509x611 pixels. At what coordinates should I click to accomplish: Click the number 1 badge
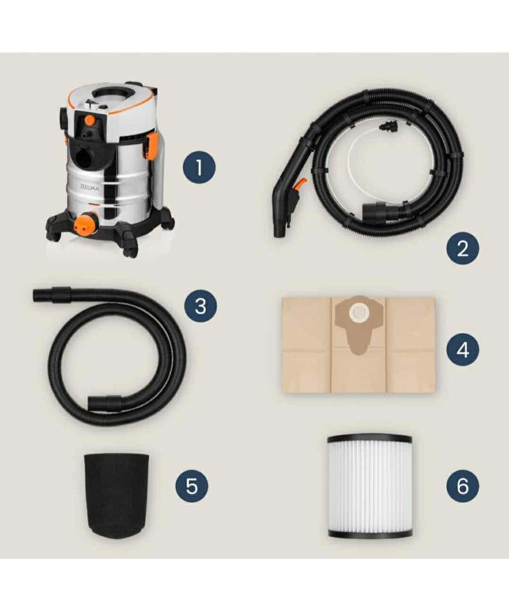(x=199, y=167)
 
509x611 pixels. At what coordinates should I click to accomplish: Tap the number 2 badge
(x=463, y=248)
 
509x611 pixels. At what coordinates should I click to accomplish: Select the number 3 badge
(x=200, y=306)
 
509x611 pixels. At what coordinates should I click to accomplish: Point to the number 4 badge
(x=463, y=349)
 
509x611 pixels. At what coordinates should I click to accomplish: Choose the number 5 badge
(x=192, y=486)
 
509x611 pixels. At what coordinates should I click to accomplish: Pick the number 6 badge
(x=463, y=486)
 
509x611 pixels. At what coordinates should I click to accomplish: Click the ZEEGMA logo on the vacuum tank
(x=90, y=187)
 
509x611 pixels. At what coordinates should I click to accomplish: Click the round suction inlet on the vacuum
(x=83, y=157)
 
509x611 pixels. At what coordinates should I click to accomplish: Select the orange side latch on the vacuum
(x=151, y=146)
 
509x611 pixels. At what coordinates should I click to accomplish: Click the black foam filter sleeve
(x=116, y=495)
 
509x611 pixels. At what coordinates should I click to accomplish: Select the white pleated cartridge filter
(x=370, y=486)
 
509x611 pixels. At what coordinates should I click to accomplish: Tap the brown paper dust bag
(x=358, y=345)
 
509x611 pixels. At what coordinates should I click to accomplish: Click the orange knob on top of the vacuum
(x=90, y=120)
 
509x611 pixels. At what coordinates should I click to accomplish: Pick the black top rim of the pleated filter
(x=370, y=439)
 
